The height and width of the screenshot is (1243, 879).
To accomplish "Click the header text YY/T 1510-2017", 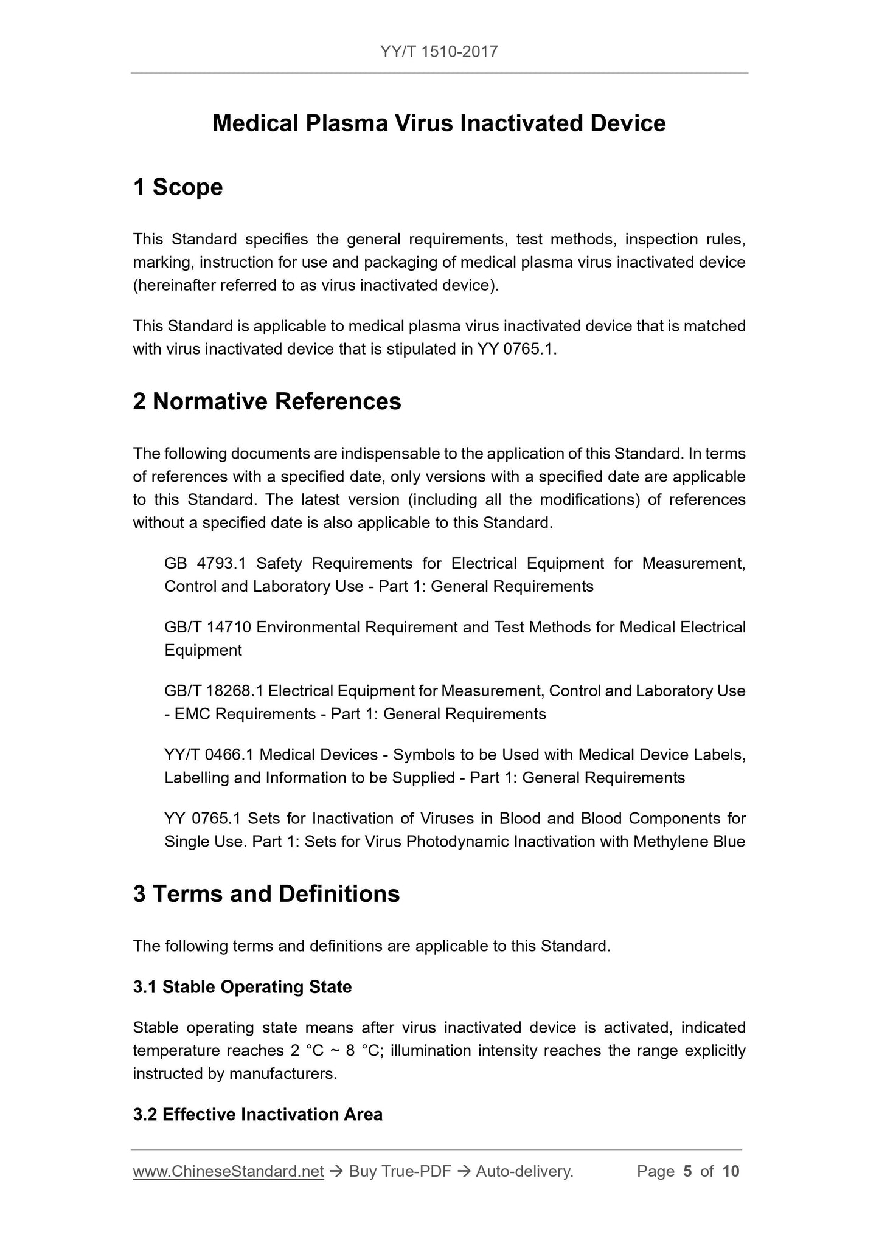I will click(439, 52).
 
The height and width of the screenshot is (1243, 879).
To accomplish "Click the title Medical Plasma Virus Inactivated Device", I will click(439, 123).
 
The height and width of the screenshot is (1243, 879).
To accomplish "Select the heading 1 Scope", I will click(178, 187).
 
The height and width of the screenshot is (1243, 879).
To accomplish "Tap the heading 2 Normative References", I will click(267, 401).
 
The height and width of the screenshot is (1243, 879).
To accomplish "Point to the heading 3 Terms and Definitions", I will click(266, 893).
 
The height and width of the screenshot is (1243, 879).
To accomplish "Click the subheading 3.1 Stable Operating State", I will click(242, 986).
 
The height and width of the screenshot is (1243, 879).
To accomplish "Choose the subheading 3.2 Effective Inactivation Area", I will click(257, 1114).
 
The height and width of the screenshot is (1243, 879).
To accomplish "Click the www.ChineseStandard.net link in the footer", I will click(228, 1171).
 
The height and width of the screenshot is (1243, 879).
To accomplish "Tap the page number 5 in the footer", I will click(687, 1171).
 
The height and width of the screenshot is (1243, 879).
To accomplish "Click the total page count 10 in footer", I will click(731, 1171).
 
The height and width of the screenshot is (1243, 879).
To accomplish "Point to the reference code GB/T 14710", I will click(208, 627).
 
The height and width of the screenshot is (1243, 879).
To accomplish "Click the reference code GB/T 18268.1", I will click(214, 691).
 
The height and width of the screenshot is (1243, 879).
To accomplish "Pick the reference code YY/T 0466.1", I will click(209, 755).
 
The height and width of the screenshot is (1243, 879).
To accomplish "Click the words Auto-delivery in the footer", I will click(524, 1171).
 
